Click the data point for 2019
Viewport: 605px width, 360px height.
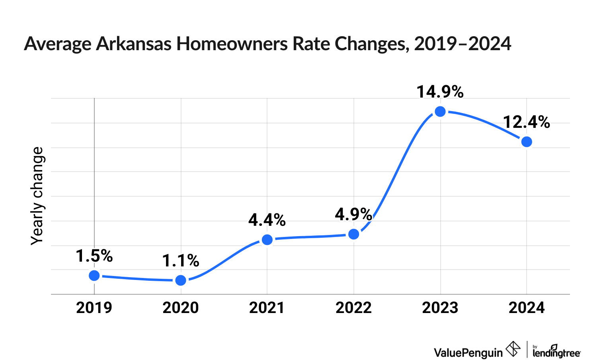coord(94,276)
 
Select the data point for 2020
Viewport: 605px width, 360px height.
coord(181,280)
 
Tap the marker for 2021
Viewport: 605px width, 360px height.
coord(267,240)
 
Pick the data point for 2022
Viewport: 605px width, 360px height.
coord(353,234)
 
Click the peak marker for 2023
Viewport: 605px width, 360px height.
coord(440,112)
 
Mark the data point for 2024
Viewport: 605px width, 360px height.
coord(527,142)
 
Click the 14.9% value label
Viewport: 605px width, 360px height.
coord(440,92)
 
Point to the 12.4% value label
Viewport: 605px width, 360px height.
coord(526,122)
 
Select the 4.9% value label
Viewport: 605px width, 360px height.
coord(353,215)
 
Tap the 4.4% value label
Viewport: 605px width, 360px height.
coord(267,220)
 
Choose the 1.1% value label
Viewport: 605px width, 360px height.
coord(181,261)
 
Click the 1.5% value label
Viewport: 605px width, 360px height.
coord(94,256)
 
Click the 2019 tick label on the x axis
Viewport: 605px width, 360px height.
coord(94,308)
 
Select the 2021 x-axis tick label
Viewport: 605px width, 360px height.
coord(267,308)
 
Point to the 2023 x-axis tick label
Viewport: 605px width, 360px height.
coord(440,308)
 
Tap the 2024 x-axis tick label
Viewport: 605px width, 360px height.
coord(527,308)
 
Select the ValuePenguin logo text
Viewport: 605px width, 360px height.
coord(468,352)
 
